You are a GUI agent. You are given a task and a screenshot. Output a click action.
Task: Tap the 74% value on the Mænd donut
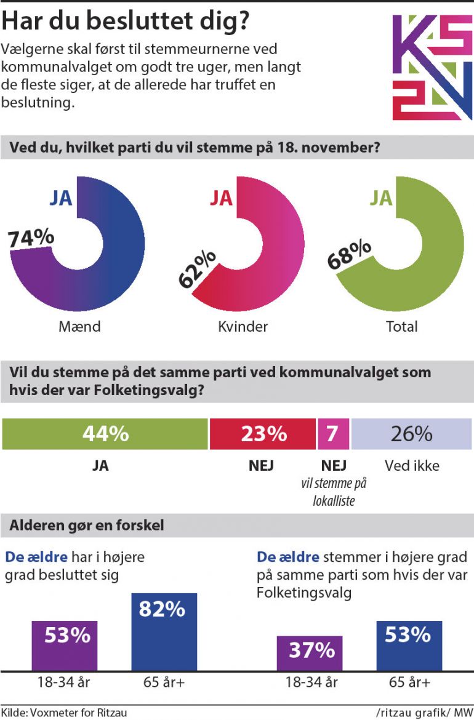click(31, 238)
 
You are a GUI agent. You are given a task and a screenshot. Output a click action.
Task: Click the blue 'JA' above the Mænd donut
click(61, 198)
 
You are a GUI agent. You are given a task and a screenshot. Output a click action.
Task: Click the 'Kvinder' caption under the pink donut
click(243, 326)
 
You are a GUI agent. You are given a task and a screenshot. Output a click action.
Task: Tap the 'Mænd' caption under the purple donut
click(79, 326)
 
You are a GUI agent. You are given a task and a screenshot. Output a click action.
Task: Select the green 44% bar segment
click(105, 434)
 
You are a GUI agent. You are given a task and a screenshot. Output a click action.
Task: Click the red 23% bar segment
click(263, 434)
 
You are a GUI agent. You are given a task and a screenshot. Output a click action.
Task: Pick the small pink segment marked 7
click(333, 434)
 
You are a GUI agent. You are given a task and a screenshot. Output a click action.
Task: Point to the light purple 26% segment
click(411, 434)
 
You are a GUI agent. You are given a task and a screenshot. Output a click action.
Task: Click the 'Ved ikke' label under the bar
click(412, 466)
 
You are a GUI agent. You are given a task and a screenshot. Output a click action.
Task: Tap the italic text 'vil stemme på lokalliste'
click(333, 492)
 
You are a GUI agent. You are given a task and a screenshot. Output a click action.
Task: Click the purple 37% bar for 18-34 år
click(310, 653)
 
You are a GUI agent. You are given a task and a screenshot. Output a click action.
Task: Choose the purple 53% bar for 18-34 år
click(65, 646)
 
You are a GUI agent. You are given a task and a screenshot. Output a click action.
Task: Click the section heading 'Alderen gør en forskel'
click(86, 526)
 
